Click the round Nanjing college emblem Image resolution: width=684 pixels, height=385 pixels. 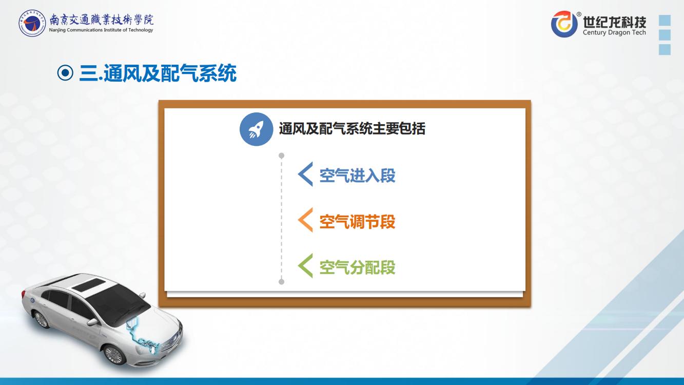[x=32, y=23]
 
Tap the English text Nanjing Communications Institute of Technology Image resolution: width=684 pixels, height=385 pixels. [x=101, y=30]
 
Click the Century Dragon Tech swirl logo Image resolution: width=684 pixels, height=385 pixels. [x=564, y=24]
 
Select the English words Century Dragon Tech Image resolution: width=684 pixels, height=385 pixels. [x=614, y=32]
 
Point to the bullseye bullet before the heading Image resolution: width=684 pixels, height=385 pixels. [x=65, y=73]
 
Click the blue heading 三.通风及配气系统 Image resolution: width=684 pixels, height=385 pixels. [x=158, y=73]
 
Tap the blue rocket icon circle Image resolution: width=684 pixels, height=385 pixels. [x=256, y=129]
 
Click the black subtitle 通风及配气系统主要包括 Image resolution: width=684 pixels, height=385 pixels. [x=352, y=129]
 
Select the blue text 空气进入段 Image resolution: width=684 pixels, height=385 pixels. [x=357, y=176]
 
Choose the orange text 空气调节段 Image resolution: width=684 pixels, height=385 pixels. [x=357, y=222]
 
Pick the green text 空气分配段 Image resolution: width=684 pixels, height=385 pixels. [x=357, y=267]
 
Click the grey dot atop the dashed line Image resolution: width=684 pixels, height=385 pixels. [x=282, y=156]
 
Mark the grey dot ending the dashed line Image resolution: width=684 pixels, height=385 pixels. [x=282, y=282]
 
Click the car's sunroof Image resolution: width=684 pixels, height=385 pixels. [x=88, y=285]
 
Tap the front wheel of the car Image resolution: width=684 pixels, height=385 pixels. [x=114, y=355]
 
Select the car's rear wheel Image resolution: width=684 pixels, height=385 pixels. [x=41, y=319]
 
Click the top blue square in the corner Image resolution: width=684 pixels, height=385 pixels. [x=665, y=20]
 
